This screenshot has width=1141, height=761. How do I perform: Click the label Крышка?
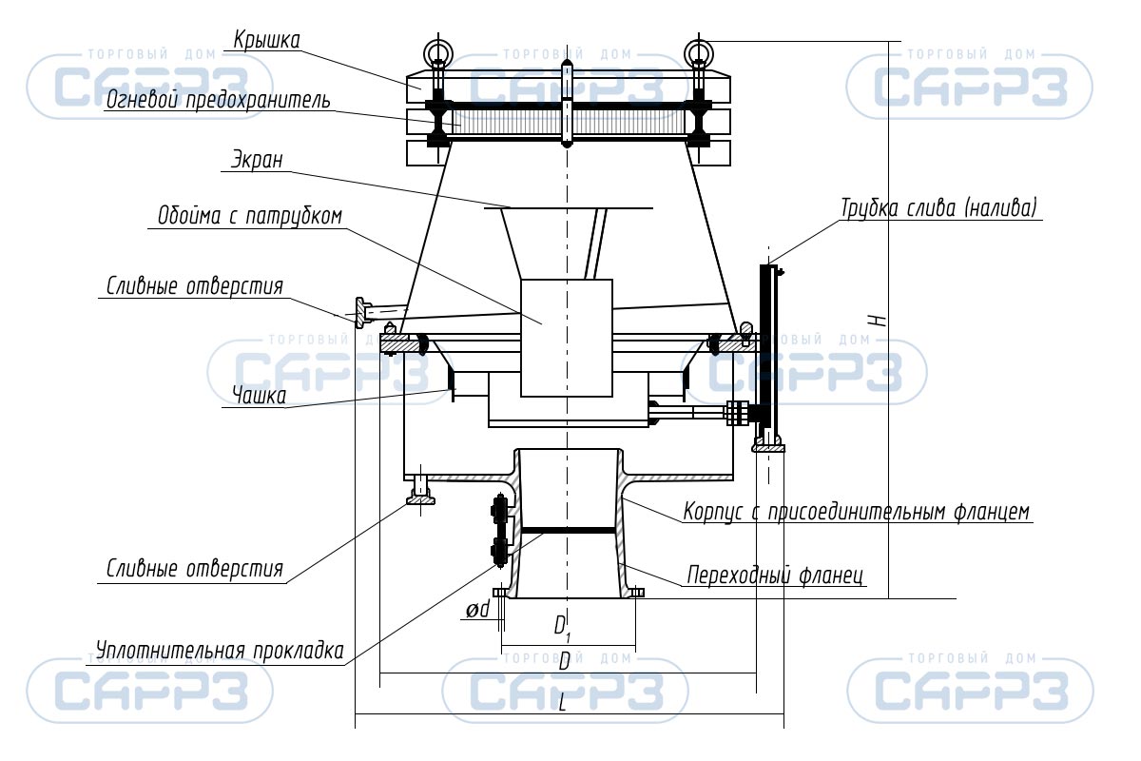pos(266,40)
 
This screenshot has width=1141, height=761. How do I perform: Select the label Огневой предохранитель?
pos(218,101)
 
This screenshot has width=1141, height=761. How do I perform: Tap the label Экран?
pos(257,160)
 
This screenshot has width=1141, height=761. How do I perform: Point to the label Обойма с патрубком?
pos(249,216)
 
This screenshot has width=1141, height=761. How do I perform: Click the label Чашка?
pos(259,395)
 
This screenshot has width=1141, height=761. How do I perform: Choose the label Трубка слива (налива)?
pos(938,208)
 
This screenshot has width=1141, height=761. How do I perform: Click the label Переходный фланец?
pos(775,575)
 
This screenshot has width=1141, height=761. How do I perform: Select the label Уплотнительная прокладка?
pos(220,651)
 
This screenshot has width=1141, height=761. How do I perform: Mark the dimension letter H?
pos(879,321)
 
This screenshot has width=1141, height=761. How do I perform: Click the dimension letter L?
pos(562,703)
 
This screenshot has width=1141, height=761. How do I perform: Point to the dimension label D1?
pos(562,628)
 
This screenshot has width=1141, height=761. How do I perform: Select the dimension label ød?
pos(477,609)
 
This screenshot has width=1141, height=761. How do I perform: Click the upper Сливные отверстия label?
pos(195,286)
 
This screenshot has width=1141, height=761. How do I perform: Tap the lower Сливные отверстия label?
pos(195,569)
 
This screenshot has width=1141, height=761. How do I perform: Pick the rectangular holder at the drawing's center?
pos(567,338)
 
